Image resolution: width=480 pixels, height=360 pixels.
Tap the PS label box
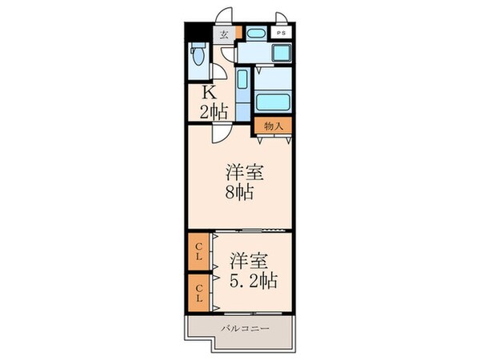pyautogui.click(x=281, y=33)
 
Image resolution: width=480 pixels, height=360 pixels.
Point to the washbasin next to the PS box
pyautogui.click(x=256, y=33)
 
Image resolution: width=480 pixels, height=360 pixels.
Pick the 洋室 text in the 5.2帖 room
pyautogui.click(x=248, y=260)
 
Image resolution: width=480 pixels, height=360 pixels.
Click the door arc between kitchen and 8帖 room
pyautogui.click(x=221, y=134)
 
